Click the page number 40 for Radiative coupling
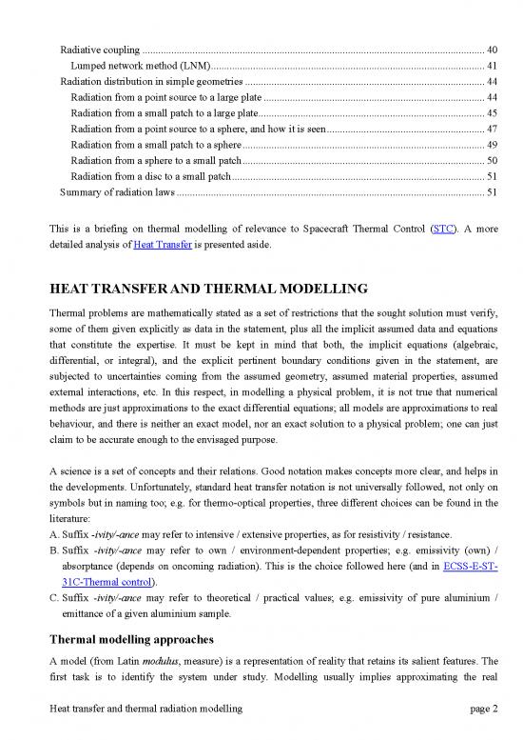pos(491,50)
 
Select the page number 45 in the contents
pos(491,113)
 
